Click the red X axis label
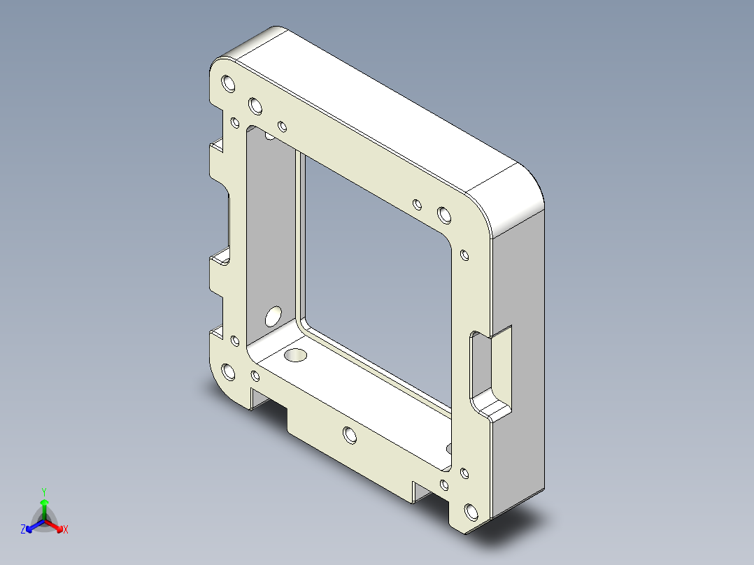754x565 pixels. [65, 530]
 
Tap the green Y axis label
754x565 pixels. [43, 492]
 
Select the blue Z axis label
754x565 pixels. [23, 530]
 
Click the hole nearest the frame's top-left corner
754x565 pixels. [228, 85]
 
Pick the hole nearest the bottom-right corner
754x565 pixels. [472, 514]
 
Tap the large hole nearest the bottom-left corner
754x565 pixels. [228, 371]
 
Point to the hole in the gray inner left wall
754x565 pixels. [273, 316]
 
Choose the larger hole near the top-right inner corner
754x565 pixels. [443, 214]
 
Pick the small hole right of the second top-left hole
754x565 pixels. [283, 127]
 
